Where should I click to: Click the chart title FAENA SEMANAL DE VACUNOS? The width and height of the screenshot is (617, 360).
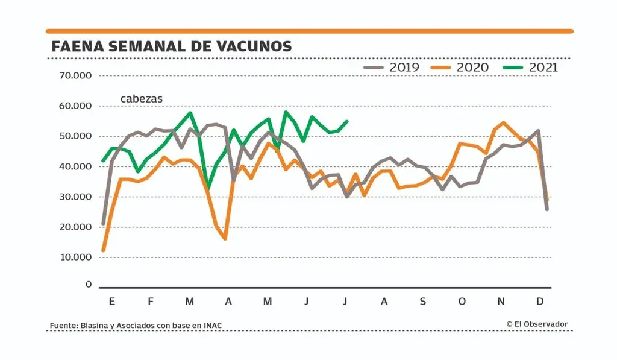[172, 46]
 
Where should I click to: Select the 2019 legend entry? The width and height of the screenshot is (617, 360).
[392, 67]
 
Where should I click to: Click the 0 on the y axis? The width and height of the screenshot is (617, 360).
[89, 284]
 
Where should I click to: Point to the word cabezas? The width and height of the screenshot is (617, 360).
[142, 98]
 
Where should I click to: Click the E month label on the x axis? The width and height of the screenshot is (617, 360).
[111, 301]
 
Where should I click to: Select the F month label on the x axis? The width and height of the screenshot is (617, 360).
[151, 301]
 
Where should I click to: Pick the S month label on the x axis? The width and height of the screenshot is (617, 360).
[423, 301]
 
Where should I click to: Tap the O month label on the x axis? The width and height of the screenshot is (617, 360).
[462, 301]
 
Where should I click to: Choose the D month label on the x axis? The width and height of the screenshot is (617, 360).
[540, 301]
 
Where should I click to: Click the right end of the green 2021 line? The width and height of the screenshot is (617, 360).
[347, 121]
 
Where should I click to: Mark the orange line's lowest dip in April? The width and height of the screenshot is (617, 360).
[225, 239]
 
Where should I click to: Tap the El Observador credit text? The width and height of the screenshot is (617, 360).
[537, 324]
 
